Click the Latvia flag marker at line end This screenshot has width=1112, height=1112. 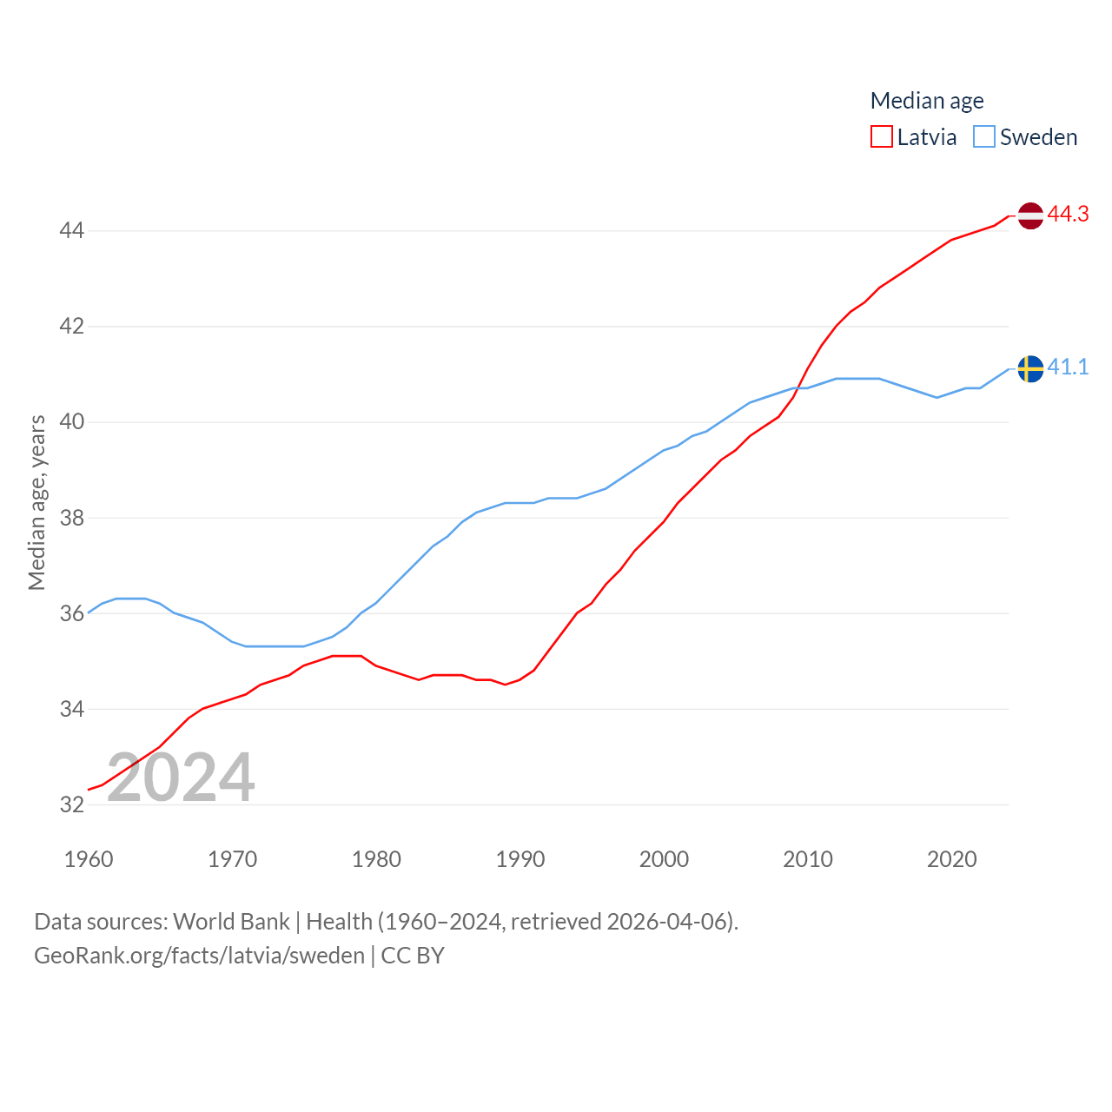pyautogui.click(x=1030, y=215)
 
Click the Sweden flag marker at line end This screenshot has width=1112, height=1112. pyautogui.click(x=1030, y=369)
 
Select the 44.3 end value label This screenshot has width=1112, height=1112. pyautogui.click(x=1068, y=214)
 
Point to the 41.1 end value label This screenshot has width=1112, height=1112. pyautogui.click(x=1068, y=367)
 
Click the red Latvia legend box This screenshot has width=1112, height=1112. pyautogui.click(x=882, y=137)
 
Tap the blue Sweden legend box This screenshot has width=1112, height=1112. pyautogui.click(x=984, y=137)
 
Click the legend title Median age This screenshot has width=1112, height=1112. pyautogui.click(x=927, y=101)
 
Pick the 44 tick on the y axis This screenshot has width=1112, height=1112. pyautogui.click(x=71, y=230)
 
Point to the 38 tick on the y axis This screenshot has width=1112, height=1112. pyautogui.click(x=71, y=518)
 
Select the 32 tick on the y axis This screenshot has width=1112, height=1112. pyautogui.click(x=71, y=804)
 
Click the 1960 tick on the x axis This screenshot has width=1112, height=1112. pyautogui.click(x=89, y=859)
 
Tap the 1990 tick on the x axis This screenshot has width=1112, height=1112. pyautogui.click(x=520, y=859)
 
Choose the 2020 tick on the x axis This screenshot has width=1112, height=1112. pyautogui.click(x=951, y=859)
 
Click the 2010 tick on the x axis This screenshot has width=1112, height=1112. pyautogui.click(x=808, y=859)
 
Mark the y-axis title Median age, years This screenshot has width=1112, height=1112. pyautogui.click(x=36, y=503)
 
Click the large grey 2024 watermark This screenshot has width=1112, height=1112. pyautogui.click(x=181, y=778)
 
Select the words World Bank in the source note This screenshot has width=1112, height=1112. pyautogui.click(x=231, y=921)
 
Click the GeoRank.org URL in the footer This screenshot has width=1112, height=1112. pyautogui.click(x=199, y=956)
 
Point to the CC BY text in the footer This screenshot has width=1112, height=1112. pyautogui.click(x=413, y=956)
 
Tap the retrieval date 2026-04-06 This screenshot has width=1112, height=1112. pyautogui.click(x=667, y=921)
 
